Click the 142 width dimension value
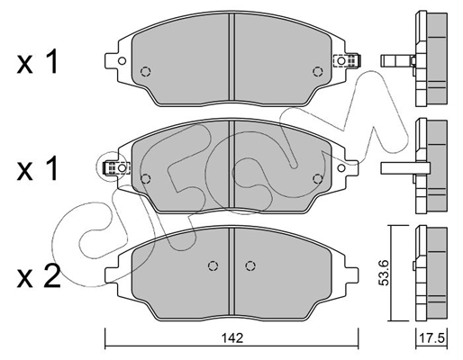[232, 338]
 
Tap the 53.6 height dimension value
[384, 273]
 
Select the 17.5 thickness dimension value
[431, 338]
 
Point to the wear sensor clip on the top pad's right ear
[347, 60]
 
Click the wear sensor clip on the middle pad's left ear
[116, 167]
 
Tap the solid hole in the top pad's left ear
[122, 61]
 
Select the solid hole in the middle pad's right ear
[341, 167]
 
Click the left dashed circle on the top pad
[145, 72]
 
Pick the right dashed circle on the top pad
[317, 72]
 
